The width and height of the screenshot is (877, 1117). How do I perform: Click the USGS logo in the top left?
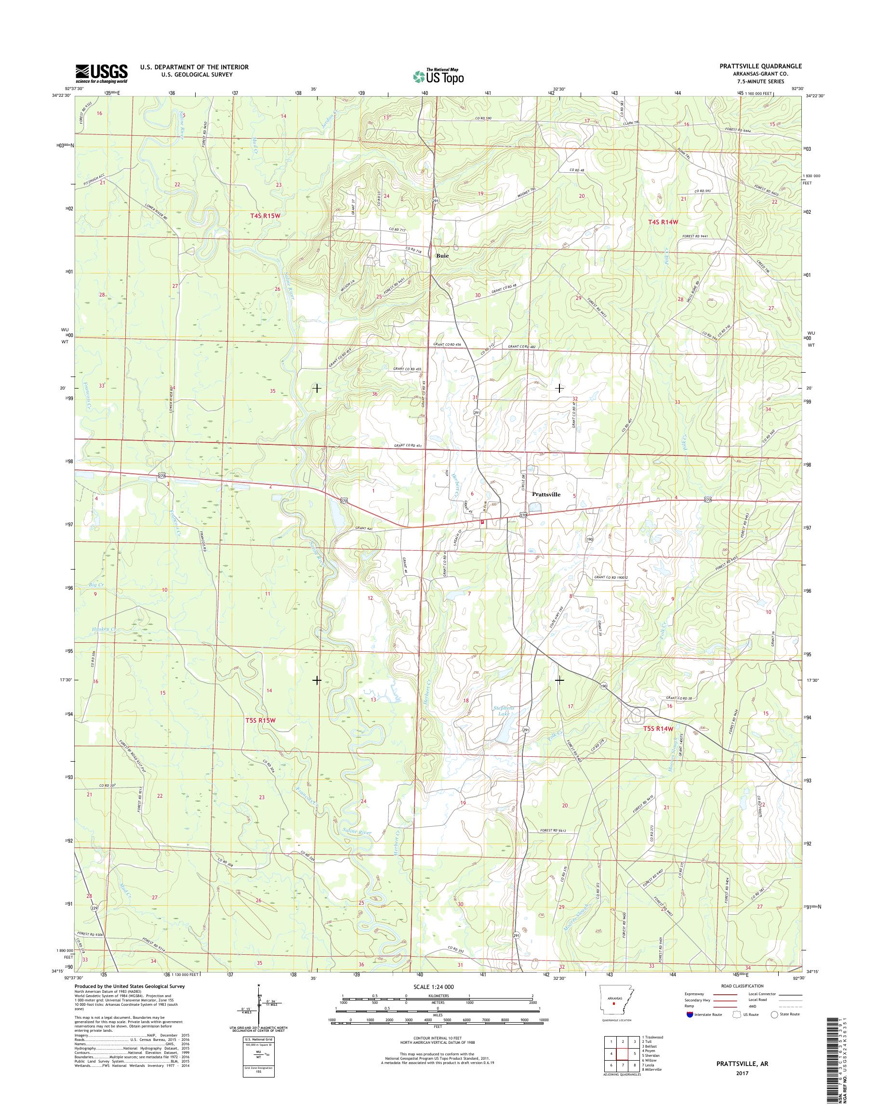(x=101, y=73)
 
